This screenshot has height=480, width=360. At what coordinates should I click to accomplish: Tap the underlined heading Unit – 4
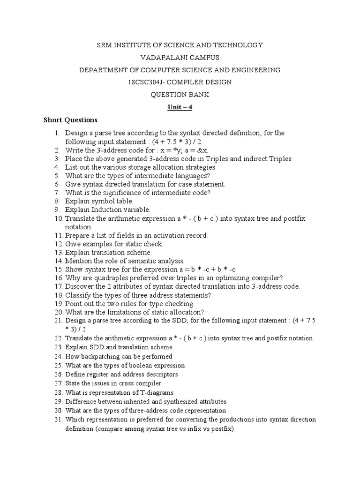(180, 107)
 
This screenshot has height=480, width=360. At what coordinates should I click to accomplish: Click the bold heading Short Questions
(70, 120)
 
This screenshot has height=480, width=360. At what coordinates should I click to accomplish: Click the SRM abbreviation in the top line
(105, 45)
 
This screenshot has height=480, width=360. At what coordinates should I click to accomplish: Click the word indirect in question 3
(256, 159)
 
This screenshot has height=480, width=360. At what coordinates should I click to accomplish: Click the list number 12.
(58, 244)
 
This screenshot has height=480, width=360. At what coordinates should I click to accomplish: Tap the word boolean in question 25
(142, 365)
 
